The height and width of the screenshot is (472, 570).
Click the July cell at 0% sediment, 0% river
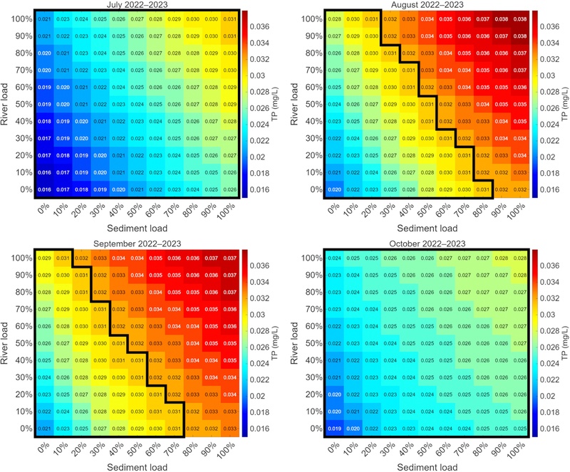43,189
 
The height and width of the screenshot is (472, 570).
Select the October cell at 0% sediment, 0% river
328,428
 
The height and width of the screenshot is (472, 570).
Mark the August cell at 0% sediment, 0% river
328,189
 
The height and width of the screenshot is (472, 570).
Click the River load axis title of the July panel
6,104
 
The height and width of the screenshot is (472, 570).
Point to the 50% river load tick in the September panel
22,342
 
